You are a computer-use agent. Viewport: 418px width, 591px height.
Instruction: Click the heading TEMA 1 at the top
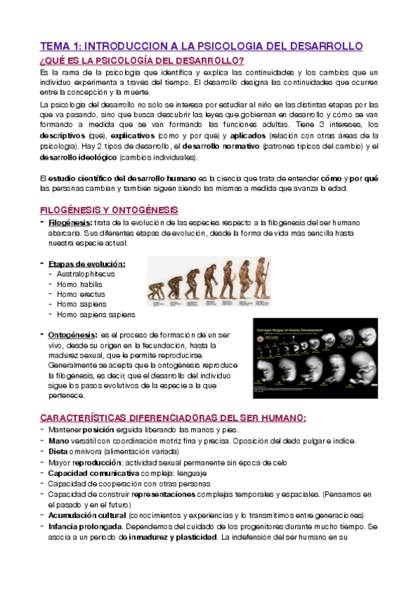click(x=202, y=46)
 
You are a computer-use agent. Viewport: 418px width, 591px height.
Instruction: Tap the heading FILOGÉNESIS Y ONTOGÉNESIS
click(x=108, y=210)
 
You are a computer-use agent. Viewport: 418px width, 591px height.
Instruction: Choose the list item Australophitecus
click(x=86, y=274)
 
